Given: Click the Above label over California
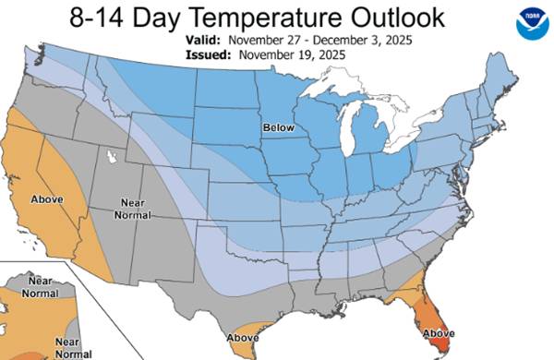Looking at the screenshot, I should tap(47, 198).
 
